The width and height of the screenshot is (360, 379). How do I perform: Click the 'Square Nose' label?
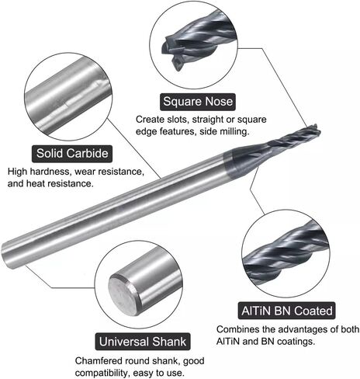pos(198,102)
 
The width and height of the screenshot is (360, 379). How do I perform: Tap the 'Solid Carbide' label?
pos(72,154)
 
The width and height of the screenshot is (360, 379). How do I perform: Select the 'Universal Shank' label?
pos(143,342)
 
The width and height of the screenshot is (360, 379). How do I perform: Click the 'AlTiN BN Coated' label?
pos(287,311)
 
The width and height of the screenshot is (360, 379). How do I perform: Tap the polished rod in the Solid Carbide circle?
pos(68,98)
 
